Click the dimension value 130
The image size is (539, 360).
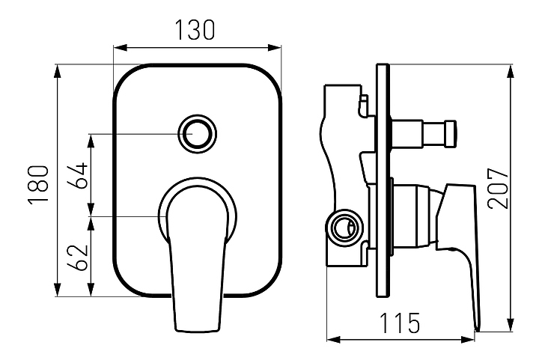tap(195, 29)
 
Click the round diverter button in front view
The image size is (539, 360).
tap(197, 135)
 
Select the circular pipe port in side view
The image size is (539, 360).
tap(343, 226)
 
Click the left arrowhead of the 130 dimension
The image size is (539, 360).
tap(117, 46)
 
